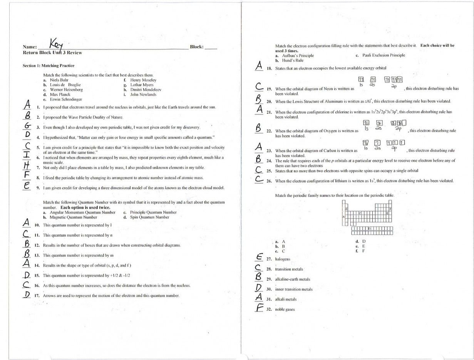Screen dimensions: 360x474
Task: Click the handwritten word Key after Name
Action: [58, 44]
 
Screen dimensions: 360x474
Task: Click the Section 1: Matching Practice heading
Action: [49, 66]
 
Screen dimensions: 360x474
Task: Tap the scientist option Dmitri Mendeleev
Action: [146, 90]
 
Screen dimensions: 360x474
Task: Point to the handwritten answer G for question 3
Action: [28, 126]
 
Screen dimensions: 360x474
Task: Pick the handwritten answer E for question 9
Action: [27, 186]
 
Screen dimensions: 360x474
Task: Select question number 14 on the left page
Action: [37, 266]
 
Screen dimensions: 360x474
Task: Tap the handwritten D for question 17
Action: [27, 295]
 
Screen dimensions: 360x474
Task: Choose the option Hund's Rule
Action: [293, 60]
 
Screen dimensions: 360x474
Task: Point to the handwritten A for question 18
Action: [259, 66]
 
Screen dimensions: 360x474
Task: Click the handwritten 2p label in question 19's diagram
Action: [394, 87]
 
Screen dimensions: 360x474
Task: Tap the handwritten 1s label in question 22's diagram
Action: [367, 128]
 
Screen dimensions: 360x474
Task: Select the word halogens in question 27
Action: [283, 260]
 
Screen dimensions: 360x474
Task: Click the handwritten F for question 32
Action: [260, 308]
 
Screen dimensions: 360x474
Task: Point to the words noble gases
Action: [285, 310]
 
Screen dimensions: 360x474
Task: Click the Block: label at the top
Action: [197, 47]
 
